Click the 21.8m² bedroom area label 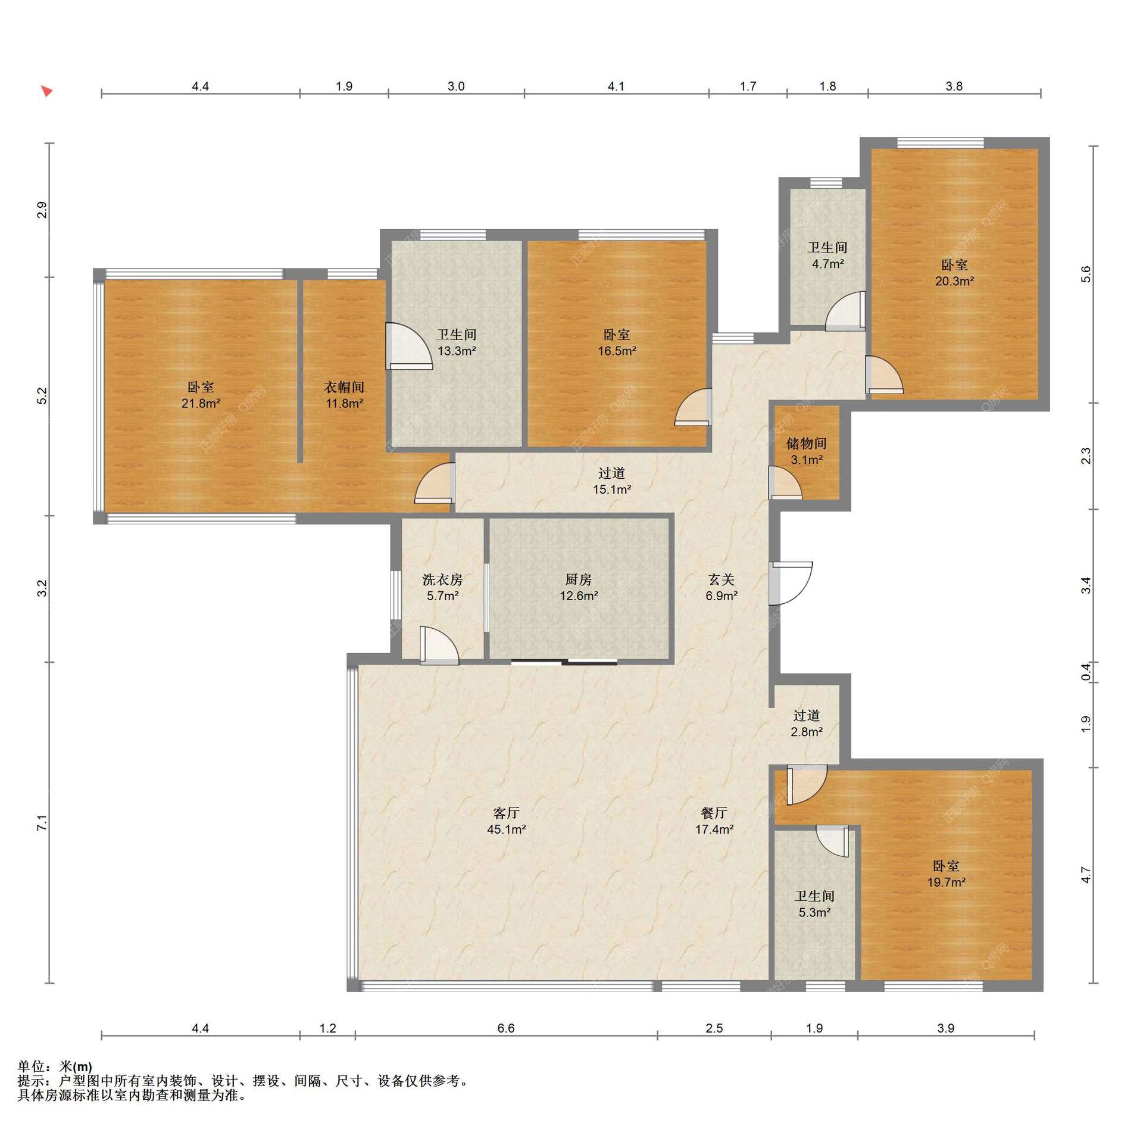tap(201, 403)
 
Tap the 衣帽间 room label tap(344, 387)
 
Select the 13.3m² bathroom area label tap(457, 351)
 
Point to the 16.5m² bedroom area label tap(617, 351)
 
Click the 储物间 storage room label tap(807, 443)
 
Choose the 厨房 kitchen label tap(578, 579)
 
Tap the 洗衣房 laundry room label tap(442, 579)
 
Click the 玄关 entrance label tap(722, 579)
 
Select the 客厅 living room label tap(506, 813)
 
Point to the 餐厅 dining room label tap(714, 813)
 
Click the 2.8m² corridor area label tap(807, 732)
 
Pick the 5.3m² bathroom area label tap(814, 912)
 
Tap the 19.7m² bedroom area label tap(946, 882)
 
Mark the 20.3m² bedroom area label tap(954, 281)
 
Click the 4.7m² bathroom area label tap(828, 264)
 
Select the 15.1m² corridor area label tap(611, 489)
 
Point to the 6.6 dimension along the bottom tap(505, 1028)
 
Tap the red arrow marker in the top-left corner tap(47, 91)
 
